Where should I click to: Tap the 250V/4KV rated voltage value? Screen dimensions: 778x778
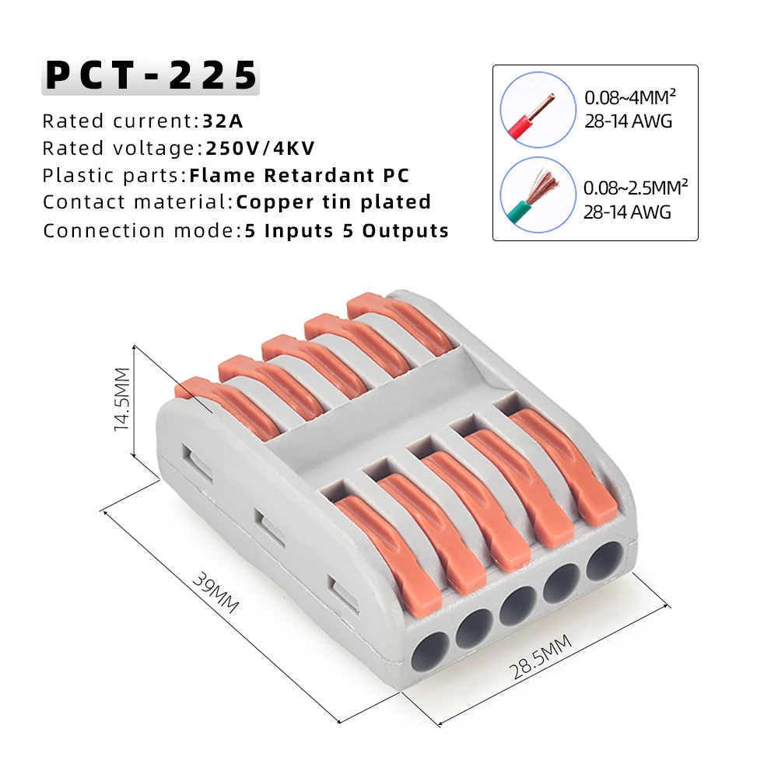click(261, 149)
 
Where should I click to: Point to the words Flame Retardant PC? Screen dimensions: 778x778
click(300, 176)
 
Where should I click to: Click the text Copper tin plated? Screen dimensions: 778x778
click(334, 202)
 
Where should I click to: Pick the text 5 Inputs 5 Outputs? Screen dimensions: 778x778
click(347, 231)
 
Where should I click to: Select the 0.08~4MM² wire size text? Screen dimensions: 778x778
click(630, 99)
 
